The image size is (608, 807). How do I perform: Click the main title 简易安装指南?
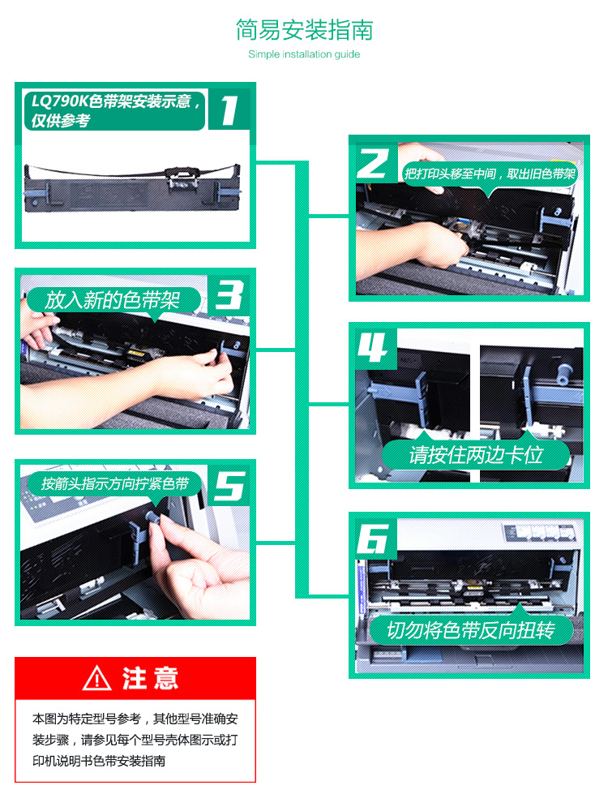pos(304,30)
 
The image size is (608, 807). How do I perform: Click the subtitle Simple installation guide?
pos(304,54)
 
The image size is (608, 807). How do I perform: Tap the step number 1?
pos(229,110)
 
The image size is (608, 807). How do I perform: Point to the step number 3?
pos(229,295)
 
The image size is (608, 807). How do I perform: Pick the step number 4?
pos(373,347)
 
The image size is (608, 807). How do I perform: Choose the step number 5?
pos(229,486)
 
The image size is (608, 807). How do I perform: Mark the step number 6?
pos(373,539)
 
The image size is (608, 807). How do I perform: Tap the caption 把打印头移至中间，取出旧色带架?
pos(489,174)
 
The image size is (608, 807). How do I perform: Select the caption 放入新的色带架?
pos(112,300)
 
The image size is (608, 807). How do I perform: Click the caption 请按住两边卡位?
pos(477,454)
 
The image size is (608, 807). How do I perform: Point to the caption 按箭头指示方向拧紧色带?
pos(115,483)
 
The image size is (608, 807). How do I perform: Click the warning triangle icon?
pos(96,677)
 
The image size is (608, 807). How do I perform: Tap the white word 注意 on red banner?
pos(150,678)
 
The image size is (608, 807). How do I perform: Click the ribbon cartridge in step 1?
pos(132,188)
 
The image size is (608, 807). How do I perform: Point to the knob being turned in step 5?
pos(152,517)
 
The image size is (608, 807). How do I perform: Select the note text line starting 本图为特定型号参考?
pos(135,719)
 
